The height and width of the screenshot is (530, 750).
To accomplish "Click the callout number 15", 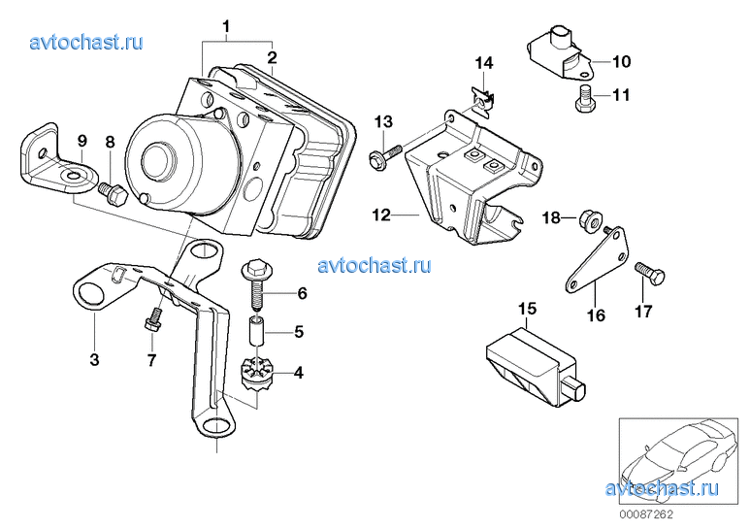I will (527, 310).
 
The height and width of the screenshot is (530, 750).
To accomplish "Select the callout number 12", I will (380, 215).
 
